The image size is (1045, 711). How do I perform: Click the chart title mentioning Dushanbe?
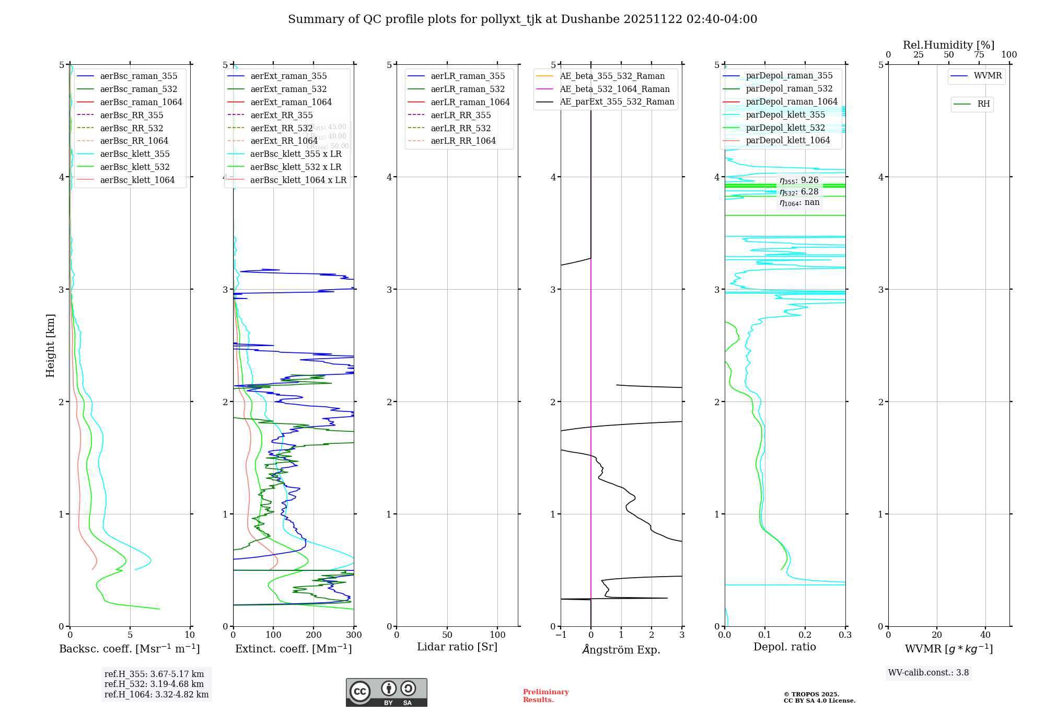point(522,19)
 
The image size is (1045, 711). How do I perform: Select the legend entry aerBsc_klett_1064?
point(137,180)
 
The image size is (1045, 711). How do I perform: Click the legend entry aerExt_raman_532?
point(288,89)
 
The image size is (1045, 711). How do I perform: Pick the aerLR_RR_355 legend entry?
point(460,115)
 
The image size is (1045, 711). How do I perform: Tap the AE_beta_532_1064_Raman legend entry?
point(614,89)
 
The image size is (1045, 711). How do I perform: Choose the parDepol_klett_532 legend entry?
point(785,128)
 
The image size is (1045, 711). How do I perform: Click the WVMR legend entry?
point(988,76)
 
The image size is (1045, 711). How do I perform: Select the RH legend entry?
point(983,104)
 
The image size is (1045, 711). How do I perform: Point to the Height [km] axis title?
point(50,345)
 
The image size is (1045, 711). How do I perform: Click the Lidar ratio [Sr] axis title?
point(457,647)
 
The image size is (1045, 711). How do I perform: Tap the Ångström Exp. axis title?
point(621,649)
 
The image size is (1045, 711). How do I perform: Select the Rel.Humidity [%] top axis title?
point(948,45)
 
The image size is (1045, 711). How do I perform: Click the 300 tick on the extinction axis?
point(354,635)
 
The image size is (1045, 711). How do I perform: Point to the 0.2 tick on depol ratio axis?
point(805,635)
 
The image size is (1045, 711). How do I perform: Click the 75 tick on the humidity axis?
point(979,55)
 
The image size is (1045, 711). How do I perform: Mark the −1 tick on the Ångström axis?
point(561,635)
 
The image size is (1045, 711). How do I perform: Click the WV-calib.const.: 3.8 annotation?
point(928,673)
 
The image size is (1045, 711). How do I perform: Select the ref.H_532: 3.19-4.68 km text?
point(154,684)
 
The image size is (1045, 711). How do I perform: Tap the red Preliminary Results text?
point(545,696)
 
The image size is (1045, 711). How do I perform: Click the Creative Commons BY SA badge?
point(387,692)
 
